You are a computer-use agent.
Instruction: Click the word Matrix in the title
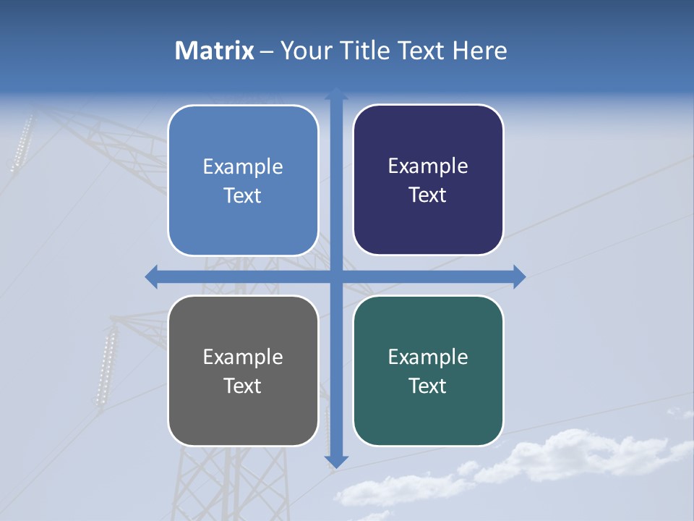pyautogui.click(x=214, y=51)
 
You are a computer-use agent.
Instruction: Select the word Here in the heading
pyautogui.click(x=479, y=51)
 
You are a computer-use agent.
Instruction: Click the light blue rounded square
pyautogui.click(x=243, y=180)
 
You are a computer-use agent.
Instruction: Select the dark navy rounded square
pyautogui.click(x=428, y=179)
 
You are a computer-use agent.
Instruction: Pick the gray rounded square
pyautogui.click(x=243, y=370)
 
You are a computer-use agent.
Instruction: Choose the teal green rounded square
pyautogui.click(x=428, y=370)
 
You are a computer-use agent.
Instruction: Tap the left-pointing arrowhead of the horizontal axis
pyautogui.click(x=152, y=276)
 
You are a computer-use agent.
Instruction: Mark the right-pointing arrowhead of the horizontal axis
pyautogui.click(x=519, y=276)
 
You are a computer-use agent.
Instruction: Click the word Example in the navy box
pyautogui.click(x=428, y=166)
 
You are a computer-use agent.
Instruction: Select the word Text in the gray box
pyautogui.click(x=242, y=386)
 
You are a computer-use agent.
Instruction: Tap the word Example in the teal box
pyautogui.click(x=428, y=357)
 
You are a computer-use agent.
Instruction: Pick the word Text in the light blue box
pyautogui.click(x=242, y=195)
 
